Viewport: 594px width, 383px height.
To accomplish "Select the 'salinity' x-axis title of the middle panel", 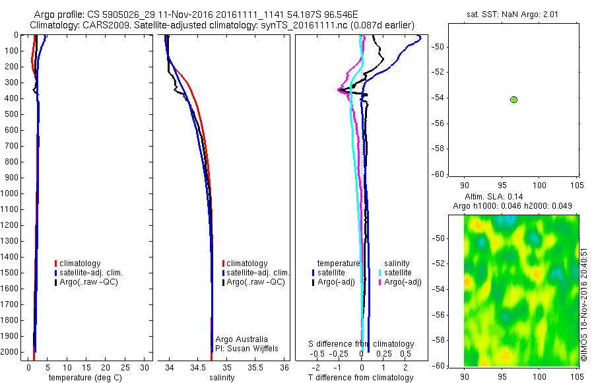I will click(x=222, y=378).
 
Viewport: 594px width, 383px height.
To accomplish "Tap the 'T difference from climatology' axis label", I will click(x=360, y=378).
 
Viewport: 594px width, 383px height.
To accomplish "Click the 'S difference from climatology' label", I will click(x=362, y=344).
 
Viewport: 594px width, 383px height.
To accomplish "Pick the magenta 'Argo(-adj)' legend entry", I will click(x=402, y=282).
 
